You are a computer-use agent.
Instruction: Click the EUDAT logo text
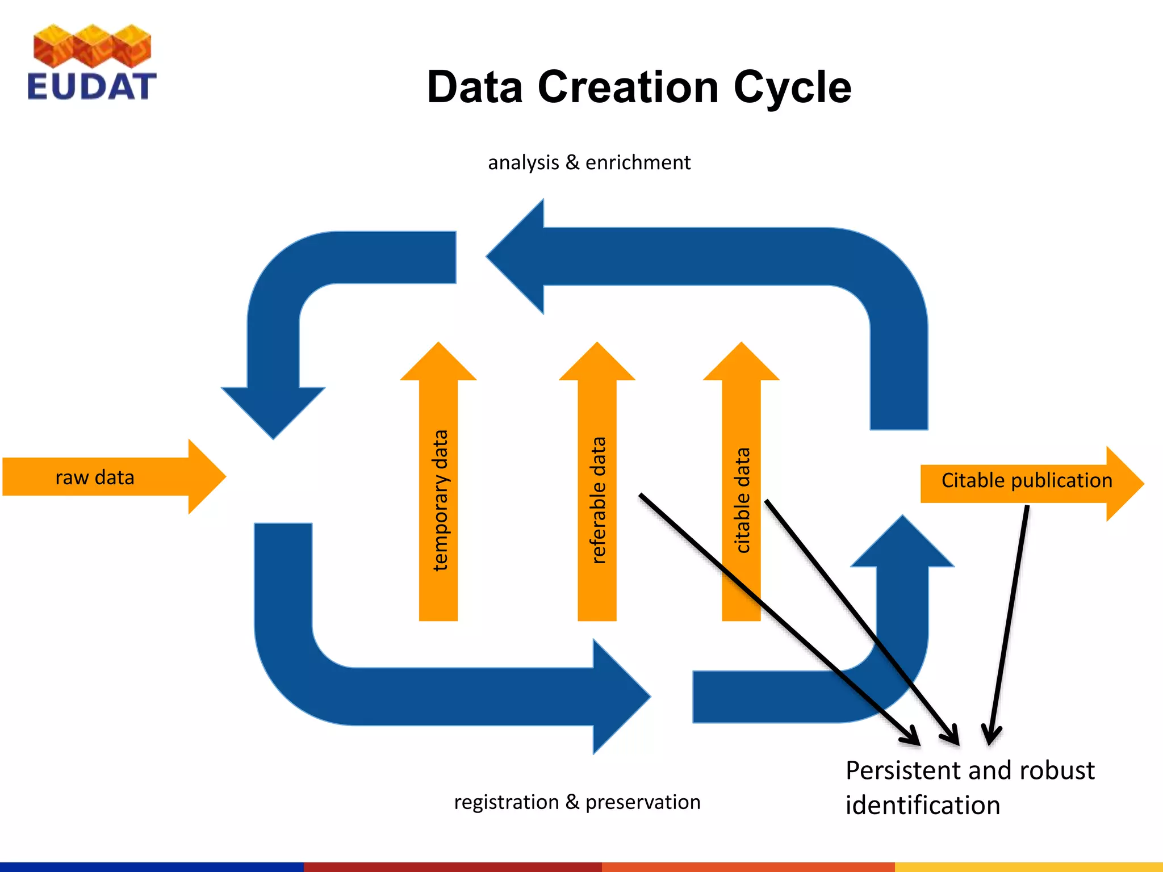point(91,87)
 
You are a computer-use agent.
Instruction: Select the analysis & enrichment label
point(589,163)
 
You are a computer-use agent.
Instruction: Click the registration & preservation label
point(577,802)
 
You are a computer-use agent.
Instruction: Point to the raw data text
point(95,477)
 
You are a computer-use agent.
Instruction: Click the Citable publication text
point(1026,480)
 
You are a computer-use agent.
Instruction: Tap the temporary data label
point(440,500)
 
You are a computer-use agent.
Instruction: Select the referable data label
point(599,500)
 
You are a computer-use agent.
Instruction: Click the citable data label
point(742,500)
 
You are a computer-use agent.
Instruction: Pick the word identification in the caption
point(922,806)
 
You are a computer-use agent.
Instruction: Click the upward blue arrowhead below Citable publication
point(902,542)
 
